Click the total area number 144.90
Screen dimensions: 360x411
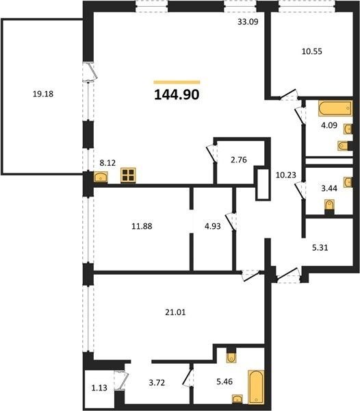pos(177,95)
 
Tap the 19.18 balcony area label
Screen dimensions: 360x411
pos(43,94)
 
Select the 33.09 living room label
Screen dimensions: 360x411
pos(248,22)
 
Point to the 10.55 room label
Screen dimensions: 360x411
pos(312,51)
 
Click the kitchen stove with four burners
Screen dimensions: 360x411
pos(128,175)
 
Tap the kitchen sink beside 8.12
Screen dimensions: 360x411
pos(101,177)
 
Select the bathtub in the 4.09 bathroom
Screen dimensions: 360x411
pos(335,108)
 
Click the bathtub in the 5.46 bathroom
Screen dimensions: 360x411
pos(256,386)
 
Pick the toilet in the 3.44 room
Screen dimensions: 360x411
pos(329,206)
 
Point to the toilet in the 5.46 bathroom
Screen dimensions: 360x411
pos(231,357)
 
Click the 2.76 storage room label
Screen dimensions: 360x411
pos(238,160)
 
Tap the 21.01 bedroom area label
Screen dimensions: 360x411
pos(175,312)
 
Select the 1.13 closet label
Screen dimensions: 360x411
pos(99,388)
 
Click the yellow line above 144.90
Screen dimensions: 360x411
pos(177,82)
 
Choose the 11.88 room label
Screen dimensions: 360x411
pos(142,226)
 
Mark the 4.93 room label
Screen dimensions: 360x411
pos(213,226)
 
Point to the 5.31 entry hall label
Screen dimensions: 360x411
pos(320,247)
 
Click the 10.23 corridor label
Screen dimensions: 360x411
pos(286,175)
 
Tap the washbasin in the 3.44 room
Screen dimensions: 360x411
pos(348,182)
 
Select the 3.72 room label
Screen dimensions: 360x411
pos(157,383)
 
